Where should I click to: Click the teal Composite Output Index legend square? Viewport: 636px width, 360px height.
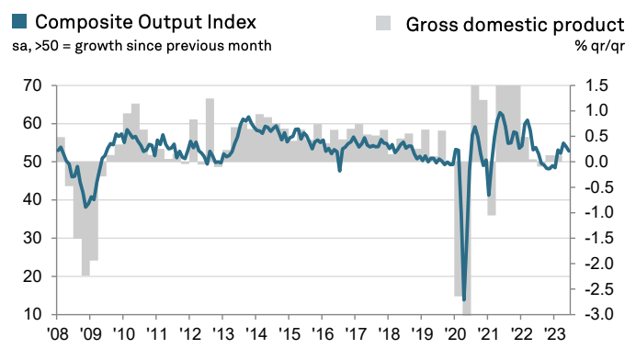(x=19, y=21)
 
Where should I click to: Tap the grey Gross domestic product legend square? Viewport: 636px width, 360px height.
(x=383, y=23)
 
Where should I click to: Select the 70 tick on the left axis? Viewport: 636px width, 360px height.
(x=32, y=86)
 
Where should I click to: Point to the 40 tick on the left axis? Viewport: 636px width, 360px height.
(x=32, y=200)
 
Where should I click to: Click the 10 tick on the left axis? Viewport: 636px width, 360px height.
(x=32, y=314)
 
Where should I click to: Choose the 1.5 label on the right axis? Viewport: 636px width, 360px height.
(x=596, y=86)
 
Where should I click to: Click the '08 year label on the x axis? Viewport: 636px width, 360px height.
(x=58, y=334)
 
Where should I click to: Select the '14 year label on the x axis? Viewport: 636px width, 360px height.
(x=256, y=334)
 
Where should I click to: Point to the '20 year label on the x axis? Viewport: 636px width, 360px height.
(x=455, y=334)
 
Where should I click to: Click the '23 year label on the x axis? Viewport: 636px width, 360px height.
(x=554, y=334)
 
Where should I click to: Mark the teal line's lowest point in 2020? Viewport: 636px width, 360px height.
(x=464, y=300)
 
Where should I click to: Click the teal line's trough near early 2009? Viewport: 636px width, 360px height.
(x=85, y=208)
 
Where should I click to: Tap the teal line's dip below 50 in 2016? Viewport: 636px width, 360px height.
(x=339, y=171)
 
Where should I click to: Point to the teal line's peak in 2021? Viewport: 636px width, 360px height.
(x=499, y=113)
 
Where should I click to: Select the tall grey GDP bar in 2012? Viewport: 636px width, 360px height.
(x=210, y=130)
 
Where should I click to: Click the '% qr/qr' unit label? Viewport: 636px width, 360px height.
(x=599, y=46)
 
